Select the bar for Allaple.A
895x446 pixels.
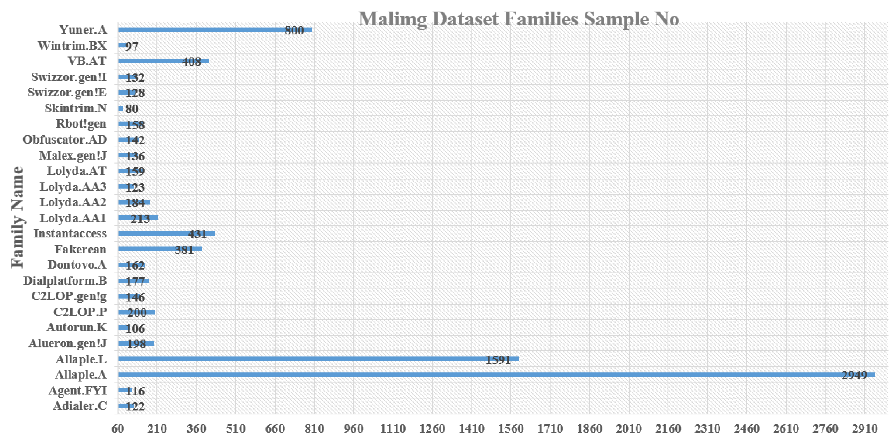486,375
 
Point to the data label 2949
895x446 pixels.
854,375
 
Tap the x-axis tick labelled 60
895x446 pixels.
117,429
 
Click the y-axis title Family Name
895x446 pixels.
17,217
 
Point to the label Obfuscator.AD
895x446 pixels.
65,139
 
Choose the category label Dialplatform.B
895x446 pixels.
65,280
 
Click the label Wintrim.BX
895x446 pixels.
72,46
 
